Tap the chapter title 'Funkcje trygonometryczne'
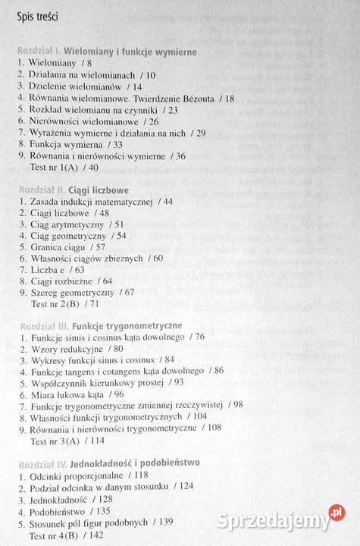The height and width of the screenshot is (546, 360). tap(139, 327)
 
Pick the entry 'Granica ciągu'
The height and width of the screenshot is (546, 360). tap(58, 247)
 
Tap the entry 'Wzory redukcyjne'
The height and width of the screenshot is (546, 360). tap(66, 349)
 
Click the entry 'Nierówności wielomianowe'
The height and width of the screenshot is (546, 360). tap(86, 121)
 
